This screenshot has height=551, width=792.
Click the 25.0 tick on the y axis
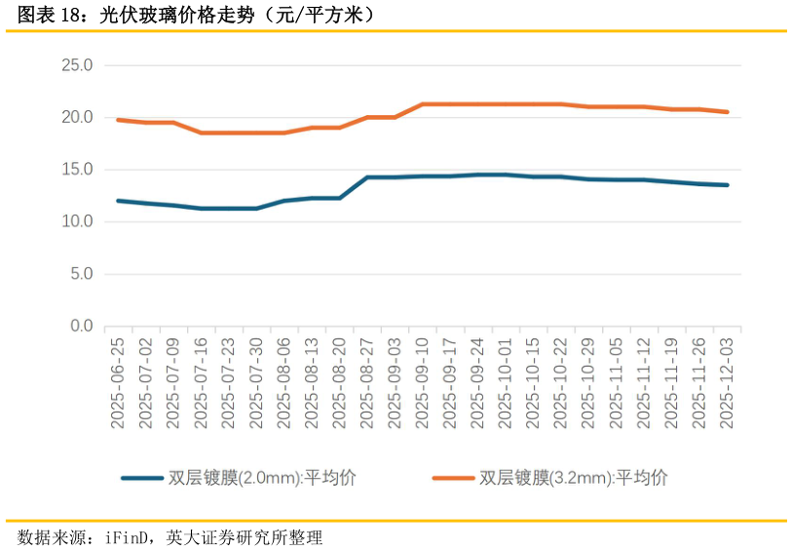(77, 65)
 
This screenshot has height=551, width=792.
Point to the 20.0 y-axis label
(77, 117)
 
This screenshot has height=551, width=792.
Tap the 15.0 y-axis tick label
(77, 170)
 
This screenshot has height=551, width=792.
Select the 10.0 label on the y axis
(77, 221)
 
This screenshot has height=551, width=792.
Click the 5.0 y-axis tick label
(81, 274)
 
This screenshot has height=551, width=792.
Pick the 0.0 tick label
(81, 326)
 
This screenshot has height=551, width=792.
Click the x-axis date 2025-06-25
(118, 383)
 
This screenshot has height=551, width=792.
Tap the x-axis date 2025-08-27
(366, 383)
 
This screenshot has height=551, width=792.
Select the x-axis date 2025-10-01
(505, 383)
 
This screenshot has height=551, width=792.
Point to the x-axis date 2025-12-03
(727, 383)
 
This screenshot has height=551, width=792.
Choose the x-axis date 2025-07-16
(201, 383)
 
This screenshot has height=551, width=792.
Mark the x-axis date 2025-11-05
(616, 383)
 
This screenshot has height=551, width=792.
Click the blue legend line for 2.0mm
(142, 478)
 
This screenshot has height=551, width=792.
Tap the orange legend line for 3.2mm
(454, 478)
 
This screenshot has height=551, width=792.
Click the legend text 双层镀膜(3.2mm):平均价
(574, 478)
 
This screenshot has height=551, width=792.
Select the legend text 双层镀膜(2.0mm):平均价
(262, 478)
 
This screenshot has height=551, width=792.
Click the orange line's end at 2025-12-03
(727, 112)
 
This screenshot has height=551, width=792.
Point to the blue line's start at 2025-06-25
(118, 201)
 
